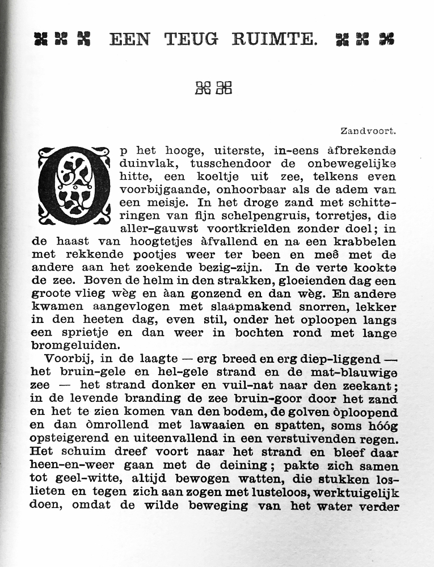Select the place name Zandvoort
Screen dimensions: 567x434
368,131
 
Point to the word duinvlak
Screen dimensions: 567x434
145,163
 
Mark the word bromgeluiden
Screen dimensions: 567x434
75,345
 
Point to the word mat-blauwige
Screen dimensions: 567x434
356,372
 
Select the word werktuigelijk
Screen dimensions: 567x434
352,492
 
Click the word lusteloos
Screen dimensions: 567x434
262,492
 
